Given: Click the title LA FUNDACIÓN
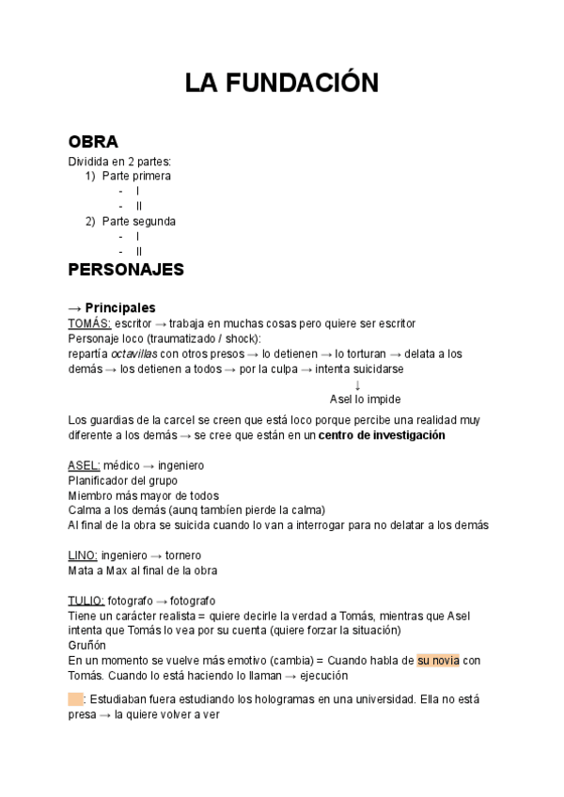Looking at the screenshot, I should click(281, 84).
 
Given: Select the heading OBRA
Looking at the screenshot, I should click(93, 142).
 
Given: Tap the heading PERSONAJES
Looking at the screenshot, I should click(126, 270).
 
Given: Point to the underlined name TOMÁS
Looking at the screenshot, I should click(89, 323).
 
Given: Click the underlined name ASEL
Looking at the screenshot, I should click(84, 466).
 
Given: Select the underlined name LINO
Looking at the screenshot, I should click(83, 555).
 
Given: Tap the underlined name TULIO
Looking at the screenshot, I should click(86, 601).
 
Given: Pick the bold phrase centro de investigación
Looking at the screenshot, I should click(382, 435).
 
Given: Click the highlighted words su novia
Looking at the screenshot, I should click(438, 661).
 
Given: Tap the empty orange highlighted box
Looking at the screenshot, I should click(75, 699).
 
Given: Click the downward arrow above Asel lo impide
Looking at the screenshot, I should click(357, 384).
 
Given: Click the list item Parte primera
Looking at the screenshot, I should click(136, 176).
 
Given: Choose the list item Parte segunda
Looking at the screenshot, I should click(138, 222).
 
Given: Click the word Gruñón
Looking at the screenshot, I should click(87, 646).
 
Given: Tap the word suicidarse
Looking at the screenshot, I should click(372, 369).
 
